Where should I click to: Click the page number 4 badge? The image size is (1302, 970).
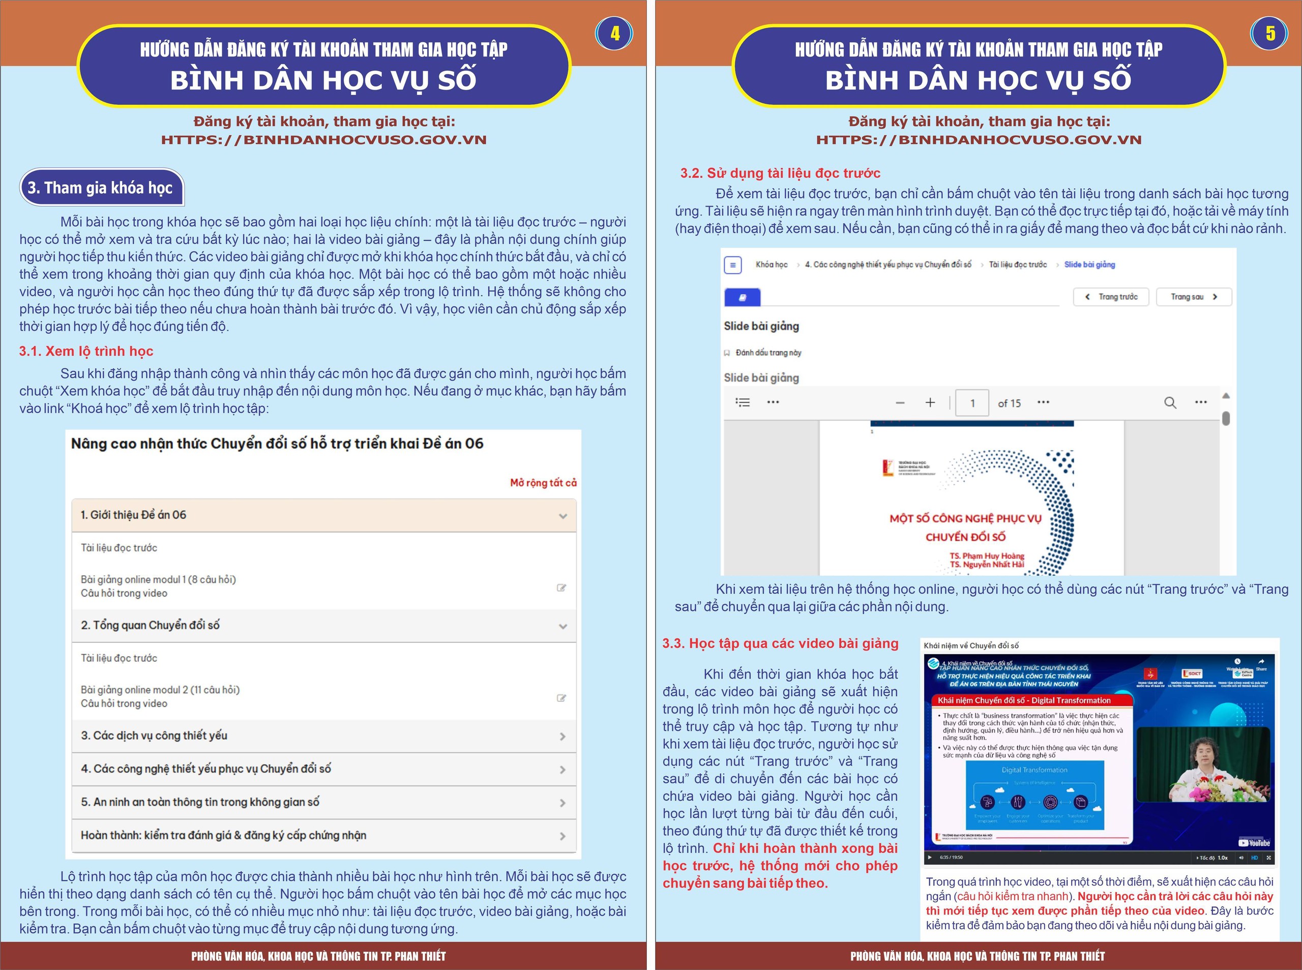coord(614,34)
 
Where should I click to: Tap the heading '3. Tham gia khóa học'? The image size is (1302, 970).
coord(101,188)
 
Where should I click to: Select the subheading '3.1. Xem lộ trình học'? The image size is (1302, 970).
coord(86,351)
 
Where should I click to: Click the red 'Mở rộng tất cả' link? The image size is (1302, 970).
coord(543,483)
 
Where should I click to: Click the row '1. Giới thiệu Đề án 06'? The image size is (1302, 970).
coord(323,515)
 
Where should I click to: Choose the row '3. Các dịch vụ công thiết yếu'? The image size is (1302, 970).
coord(323,736)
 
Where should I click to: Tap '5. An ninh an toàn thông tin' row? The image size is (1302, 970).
coord(323,802)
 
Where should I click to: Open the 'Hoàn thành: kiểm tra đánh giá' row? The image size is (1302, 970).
coord(323,836)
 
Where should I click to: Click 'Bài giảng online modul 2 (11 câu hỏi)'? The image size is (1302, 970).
coord(160,690)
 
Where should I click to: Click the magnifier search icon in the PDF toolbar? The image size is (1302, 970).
coord(1170,403)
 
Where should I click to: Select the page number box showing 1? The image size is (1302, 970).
coord(972,403)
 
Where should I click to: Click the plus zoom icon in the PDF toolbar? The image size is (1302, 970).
coord(930,403)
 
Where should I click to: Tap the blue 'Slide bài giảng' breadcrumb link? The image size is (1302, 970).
coord(1089,265)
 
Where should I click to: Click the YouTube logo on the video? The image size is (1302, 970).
coord(1253,843)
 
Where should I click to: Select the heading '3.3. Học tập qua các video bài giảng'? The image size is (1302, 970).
coord(780,643)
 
